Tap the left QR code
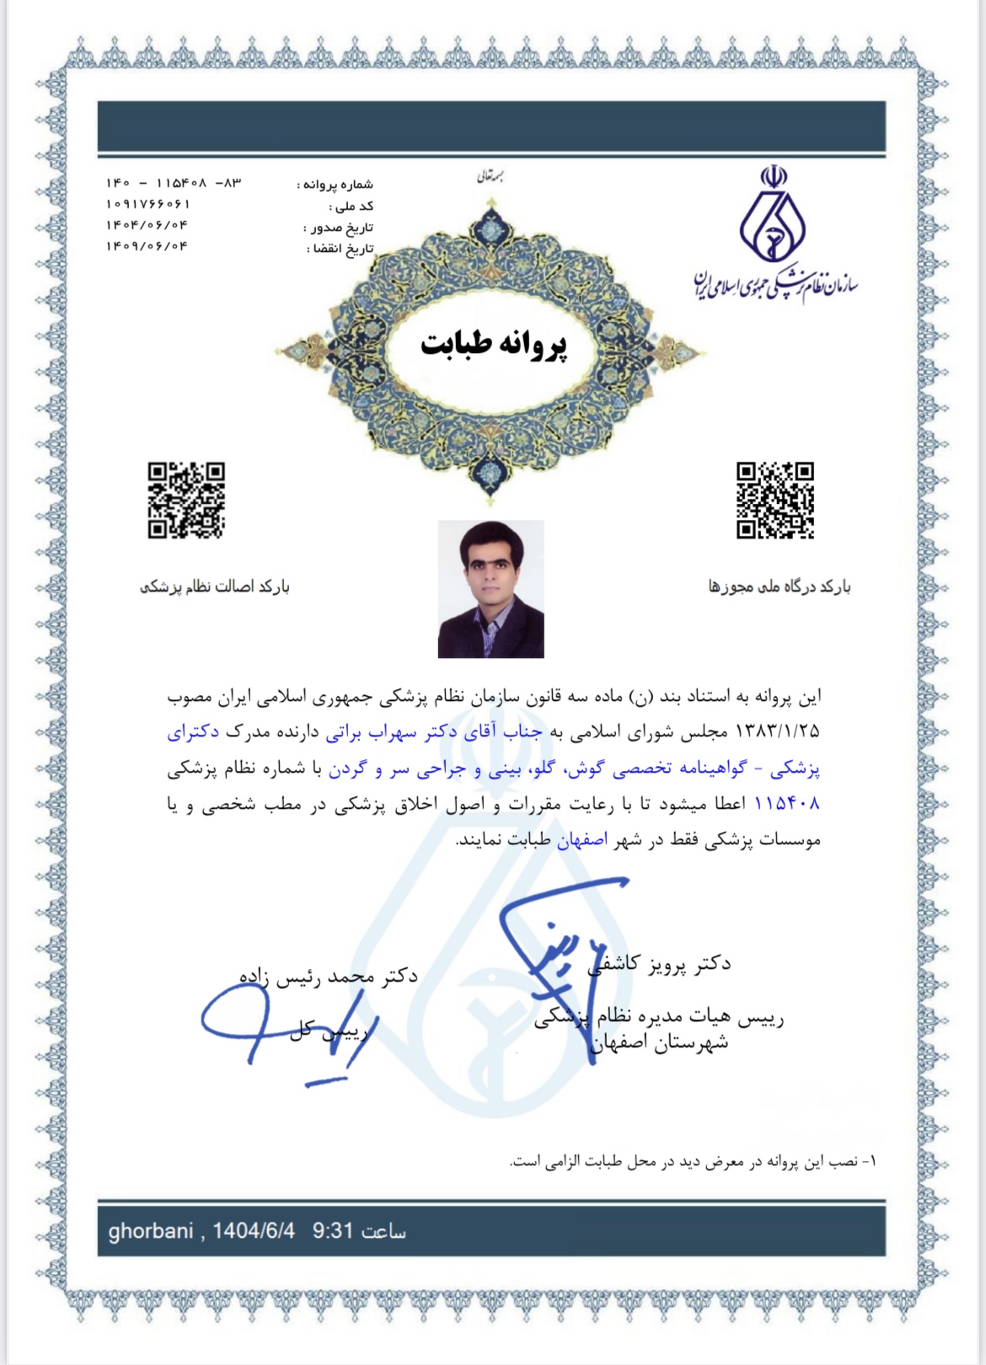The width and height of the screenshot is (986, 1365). [x=186, y=500]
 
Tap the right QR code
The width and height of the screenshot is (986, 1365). [x=775, y=500]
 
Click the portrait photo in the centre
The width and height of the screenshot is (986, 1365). [x=491, y=589]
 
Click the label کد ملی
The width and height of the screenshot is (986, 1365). [x=352, y=206]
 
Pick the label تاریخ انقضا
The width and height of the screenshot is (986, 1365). [x=340, y=249]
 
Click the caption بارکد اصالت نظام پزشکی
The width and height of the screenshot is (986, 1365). [x=215, y=586]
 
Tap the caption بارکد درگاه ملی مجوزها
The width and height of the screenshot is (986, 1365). [x=780, y=586]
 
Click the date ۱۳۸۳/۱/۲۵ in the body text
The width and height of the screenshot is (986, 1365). [x=779, y=731]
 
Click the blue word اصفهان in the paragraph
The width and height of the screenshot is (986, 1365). [x=582, y=840]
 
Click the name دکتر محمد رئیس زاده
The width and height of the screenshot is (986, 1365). [x=329, y=976]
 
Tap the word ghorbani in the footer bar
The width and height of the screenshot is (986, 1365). [x=151, y=1231]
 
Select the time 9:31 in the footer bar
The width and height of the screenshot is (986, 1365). [x=332, y=1231]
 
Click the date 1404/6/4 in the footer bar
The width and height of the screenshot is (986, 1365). [x=254, y=1231]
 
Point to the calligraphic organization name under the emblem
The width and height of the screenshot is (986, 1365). [x=775, y=286]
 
